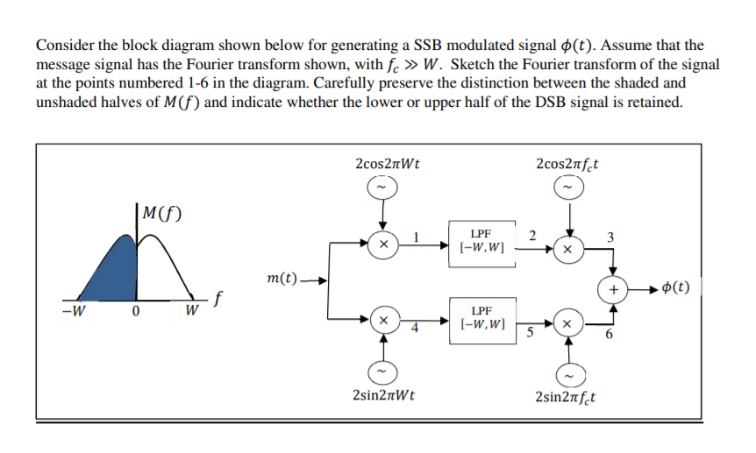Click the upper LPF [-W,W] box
[x=480, y=242]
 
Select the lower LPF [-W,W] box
[x=480, y=318]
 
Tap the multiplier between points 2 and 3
[x=567, y=249]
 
